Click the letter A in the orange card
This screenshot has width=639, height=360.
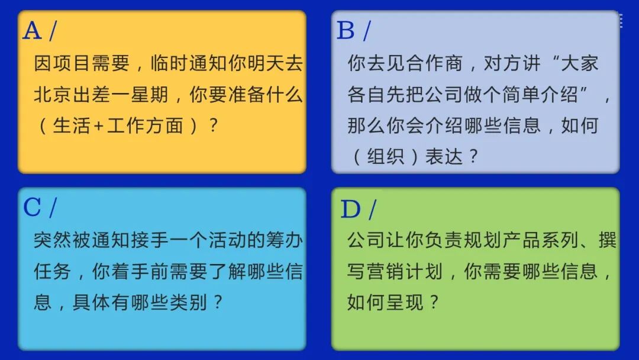point(32,30)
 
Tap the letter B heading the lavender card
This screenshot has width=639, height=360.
point(346,30)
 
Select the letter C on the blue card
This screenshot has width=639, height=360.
point(32,207)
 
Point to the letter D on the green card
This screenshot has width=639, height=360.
point(350,209)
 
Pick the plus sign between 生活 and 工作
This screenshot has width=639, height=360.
point(98,126)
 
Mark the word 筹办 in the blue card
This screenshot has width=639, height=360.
point(283,240)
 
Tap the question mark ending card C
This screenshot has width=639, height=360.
point(218,303)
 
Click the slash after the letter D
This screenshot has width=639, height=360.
point(372,209)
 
